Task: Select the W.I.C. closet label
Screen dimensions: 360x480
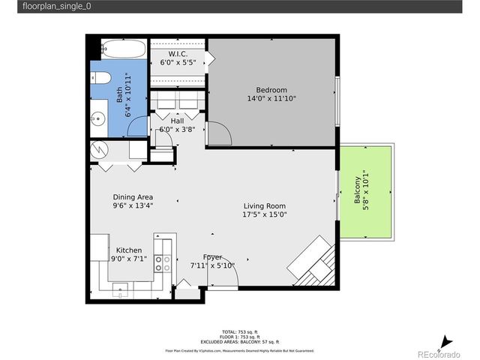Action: (x=178, y=54)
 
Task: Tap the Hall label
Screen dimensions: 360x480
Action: (x=177, y=121)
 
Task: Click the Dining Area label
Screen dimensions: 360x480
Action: (x=133, y=196)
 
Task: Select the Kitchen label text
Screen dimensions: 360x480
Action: (x=128, y=250)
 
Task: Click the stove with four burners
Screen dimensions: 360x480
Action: (x=162, y=262)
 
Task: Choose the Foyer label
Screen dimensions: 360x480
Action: (x=212, y=257)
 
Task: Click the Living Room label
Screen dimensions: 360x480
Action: (x=264, y=205)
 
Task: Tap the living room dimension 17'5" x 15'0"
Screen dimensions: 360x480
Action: (x=264, y=214)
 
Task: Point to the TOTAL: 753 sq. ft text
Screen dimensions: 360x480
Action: (x=239, y=331)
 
